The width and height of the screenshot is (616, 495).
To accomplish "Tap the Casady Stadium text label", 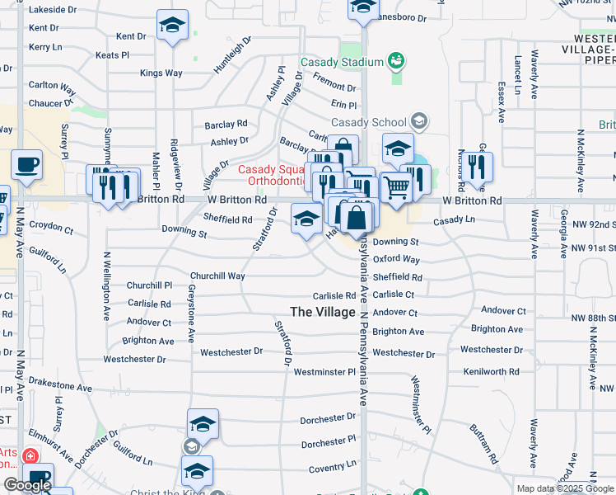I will point(343,62).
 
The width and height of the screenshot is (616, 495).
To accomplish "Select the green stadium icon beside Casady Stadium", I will point(396,61).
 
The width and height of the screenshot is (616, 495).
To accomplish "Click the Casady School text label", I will point(369,123).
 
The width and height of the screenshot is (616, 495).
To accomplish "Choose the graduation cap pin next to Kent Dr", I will point(173,26).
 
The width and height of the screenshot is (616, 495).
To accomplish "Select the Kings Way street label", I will point(161,73).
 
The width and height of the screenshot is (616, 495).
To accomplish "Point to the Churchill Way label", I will point(217,276).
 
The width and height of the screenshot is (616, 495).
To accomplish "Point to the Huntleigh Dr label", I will point(232,56).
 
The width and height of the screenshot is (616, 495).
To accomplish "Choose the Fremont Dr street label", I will point(334,87).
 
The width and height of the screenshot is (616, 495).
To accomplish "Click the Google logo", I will point(27,485).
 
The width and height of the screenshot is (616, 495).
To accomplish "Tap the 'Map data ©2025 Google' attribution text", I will point(564,488).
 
